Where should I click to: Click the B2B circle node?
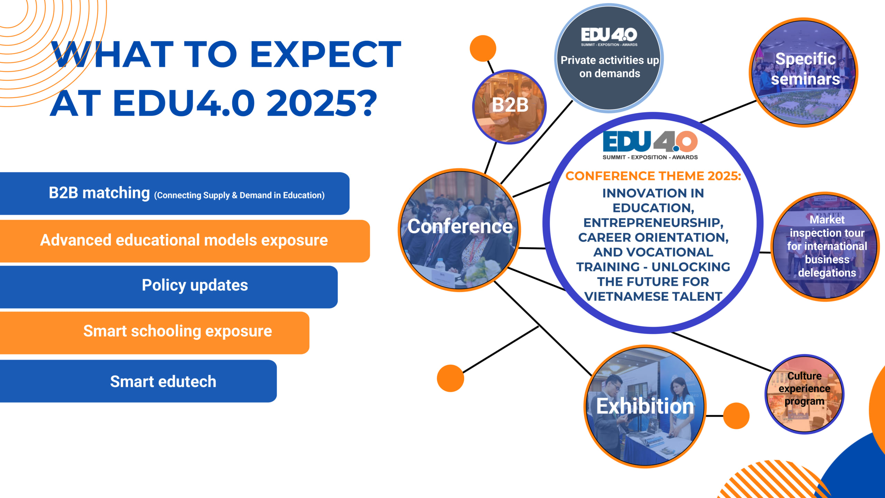coord(509,107)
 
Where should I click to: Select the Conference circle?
coord(459,230)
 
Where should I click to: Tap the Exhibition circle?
coord(645,406)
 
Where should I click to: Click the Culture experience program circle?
coord(804,394)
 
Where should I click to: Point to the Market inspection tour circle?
coord(826,247)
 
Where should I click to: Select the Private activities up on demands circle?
coord(609,58)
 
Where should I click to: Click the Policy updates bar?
coord(169,287)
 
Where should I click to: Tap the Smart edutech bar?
coord(138,381)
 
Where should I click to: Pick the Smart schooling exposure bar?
coord(155,333)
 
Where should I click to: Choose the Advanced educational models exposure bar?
coord(185,241)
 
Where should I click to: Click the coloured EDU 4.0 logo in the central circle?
coord(650,145)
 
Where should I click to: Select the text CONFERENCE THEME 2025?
coord(653,176)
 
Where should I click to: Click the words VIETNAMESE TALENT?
coord(653,296)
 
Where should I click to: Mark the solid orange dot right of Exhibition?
coord(736,416)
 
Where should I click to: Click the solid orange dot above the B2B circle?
coord(483,48)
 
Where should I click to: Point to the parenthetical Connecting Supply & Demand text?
coord(239,195)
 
